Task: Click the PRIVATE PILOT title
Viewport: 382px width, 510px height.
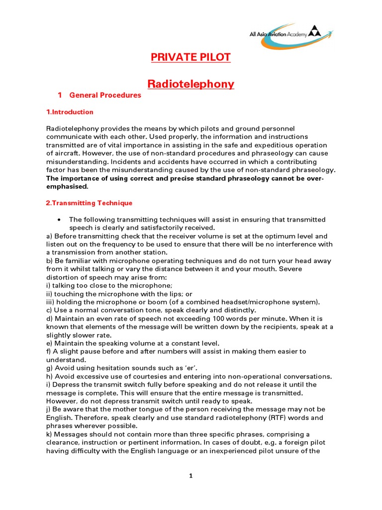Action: [191, 57]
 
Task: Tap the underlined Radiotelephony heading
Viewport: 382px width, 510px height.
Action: [191, 84]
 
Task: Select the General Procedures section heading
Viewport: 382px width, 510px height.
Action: [105, 95]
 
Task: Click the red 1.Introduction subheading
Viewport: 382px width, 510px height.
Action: [70, 112]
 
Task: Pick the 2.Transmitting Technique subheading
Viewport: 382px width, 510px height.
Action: [90, 203]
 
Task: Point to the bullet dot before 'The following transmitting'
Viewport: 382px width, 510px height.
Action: [59, 220]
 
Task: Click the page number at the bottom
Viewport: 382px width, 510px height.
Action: [191, 476]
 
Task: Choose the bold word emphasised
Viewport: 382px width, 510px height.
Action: [67, 187]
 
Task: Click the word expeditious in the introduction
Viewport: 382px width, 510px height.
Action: [268, 145]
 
